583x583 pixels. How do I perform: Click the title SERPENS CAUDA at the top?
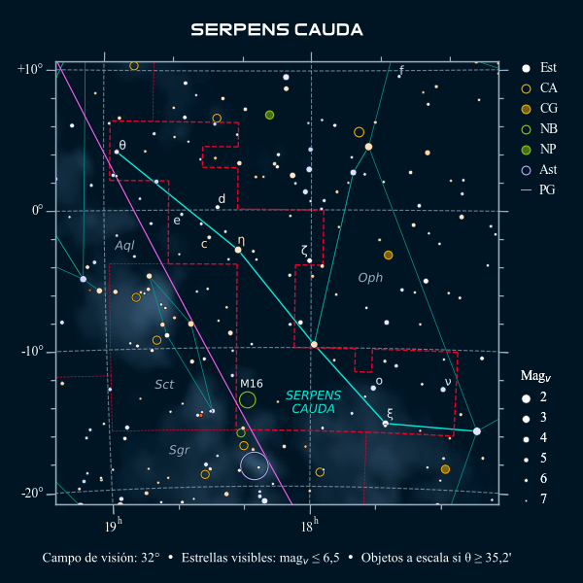[x=277, y=29]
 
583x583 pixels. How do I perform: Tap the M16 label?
[x=251, y=384]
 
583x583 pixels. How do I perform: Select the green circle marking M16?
[x=248, y=399]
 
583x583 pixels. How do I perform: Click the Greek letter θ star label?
[x=122, y=145]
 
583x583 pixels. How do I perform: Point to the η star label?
[x=241, y=239]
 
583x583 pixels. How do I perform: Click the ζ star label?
[x=305, y=250]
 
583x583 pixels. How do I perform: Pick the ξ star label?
[x=391, y=412]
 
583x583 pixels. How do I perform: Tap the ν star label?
[x=447, y=381]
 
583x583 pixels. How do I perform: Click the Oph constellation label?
[x=370, y=278]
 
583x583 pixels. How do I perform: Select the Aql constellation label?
[x=124, y=246]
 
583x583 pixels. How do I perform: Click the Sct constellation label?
[x=164, y=385]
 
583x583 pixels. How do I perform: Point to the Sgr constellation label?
[x=179, y=450]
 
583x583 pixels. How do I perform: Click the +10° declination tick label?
[x=30, y=70]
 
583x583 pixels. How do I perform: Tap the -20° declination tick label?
[x=32, y=494]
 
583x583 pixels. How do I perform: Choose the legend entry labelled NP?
[x=548, y=150]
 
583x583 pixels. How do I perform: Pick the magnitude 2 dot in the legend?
[x=526, y=397]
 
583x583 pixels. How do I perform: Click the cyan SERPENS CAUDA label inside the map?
[x=314, y=402]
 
